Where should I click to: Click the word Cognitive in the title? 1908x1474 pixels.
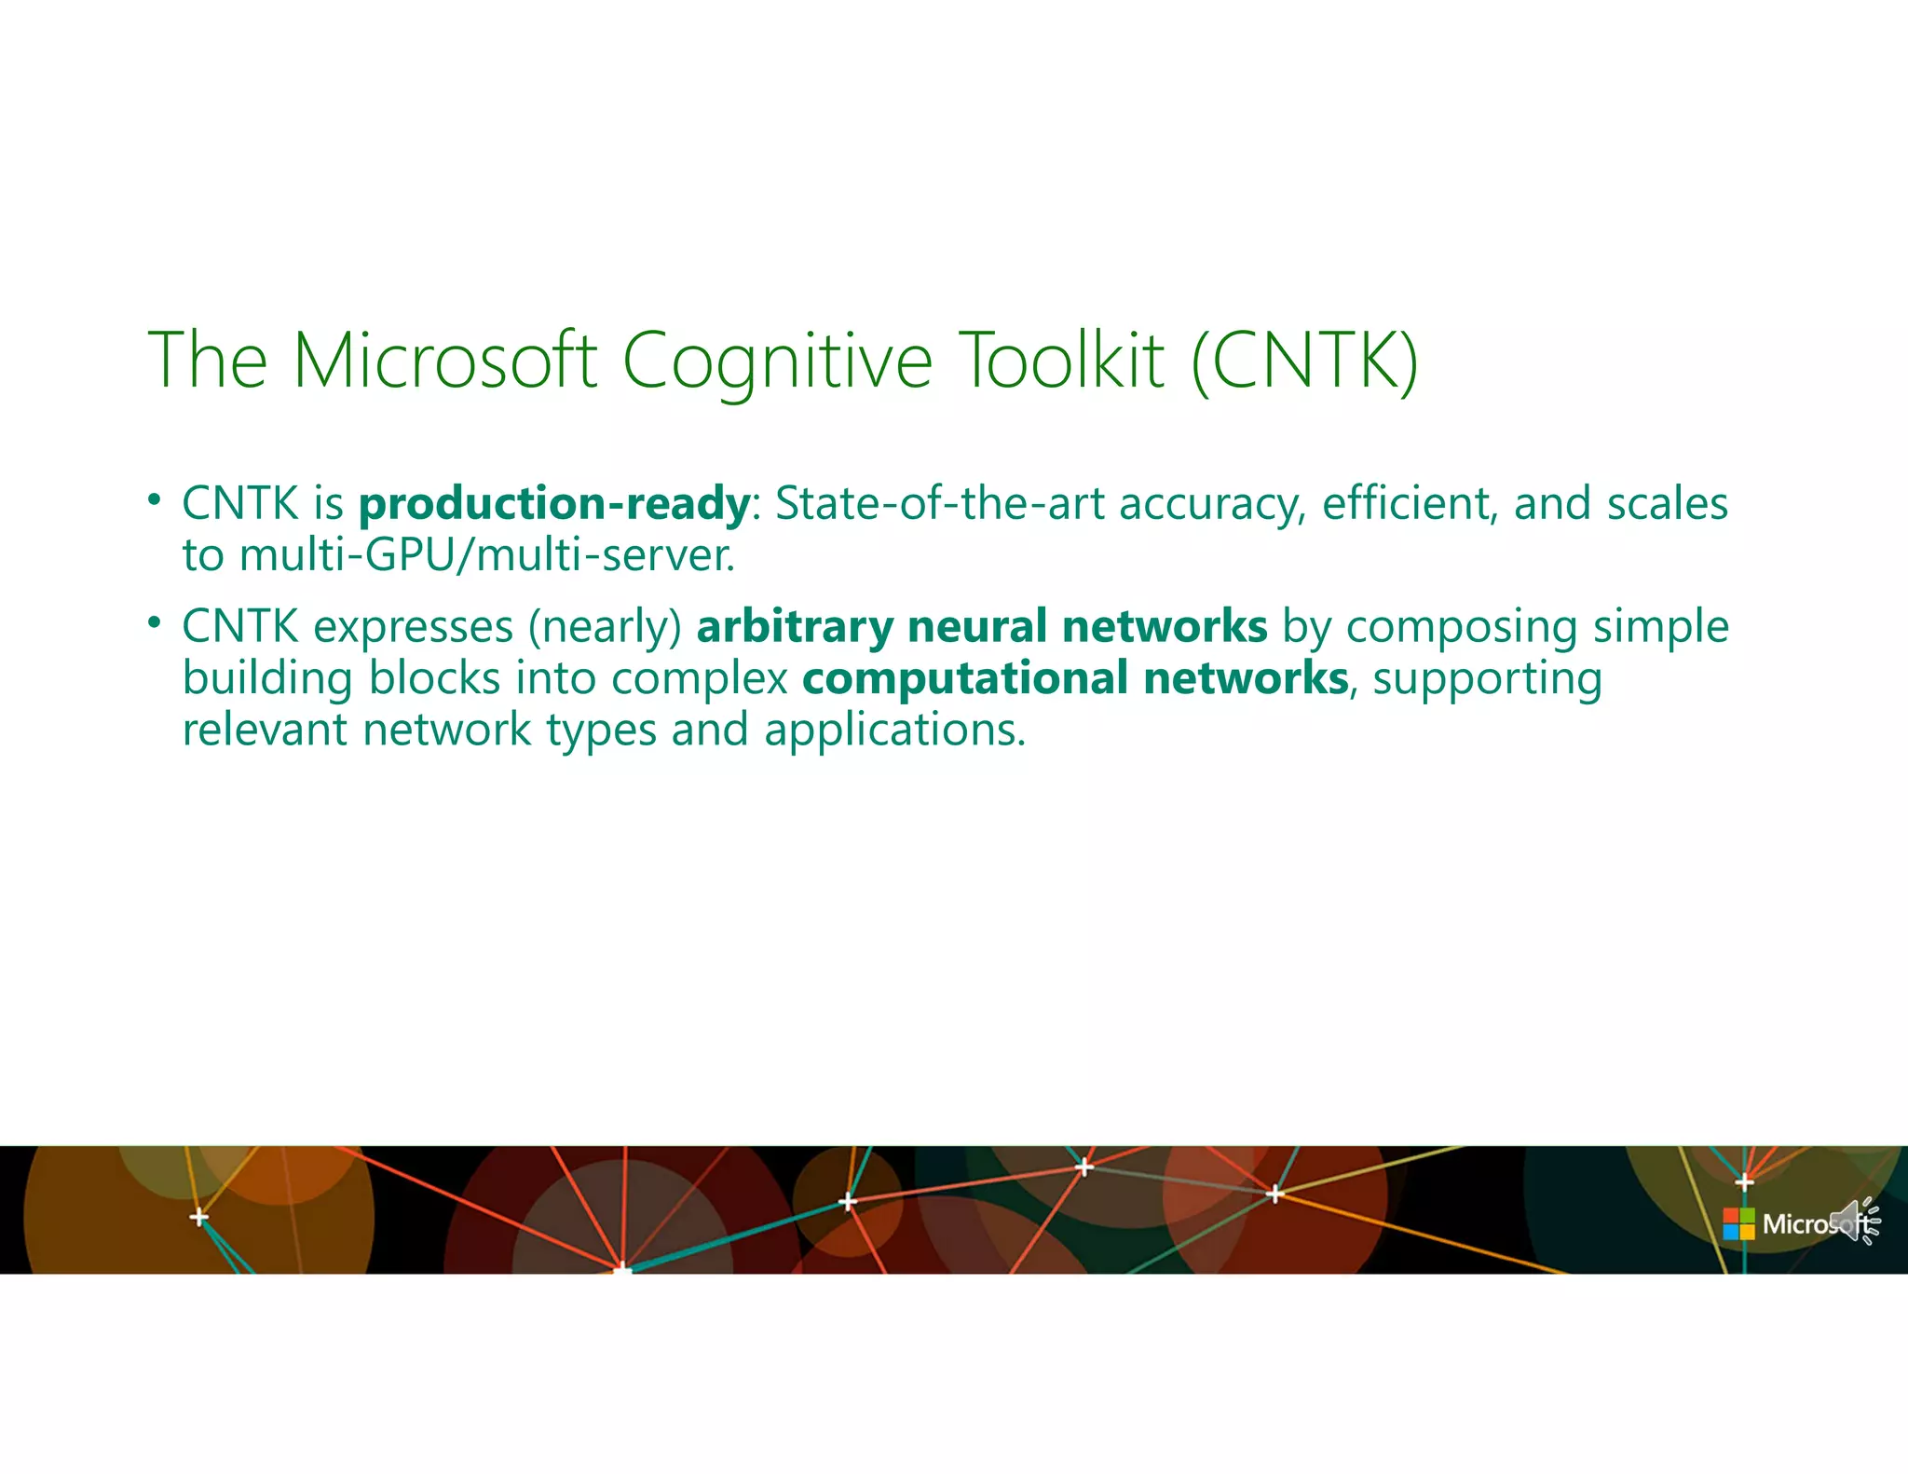777,362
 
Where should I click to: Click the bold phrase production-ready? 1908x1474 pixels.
553,504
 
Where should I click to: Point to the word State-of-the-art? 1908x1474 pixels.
940,503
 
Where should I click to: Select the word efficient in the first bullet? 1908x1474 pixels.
1410,503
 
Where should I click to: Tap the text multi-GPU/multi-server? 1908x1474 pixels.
487,555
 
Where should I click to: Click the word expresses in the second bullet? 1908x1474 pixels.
413,626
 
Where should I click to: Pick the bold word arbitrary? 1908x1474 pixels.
795,626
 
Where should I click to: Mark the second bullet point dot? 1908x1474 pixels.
154,621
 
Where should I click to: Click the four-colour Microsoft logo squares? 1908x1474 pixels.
1738,1223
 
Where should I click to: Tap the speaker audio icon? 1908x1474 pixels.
1854,1222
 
